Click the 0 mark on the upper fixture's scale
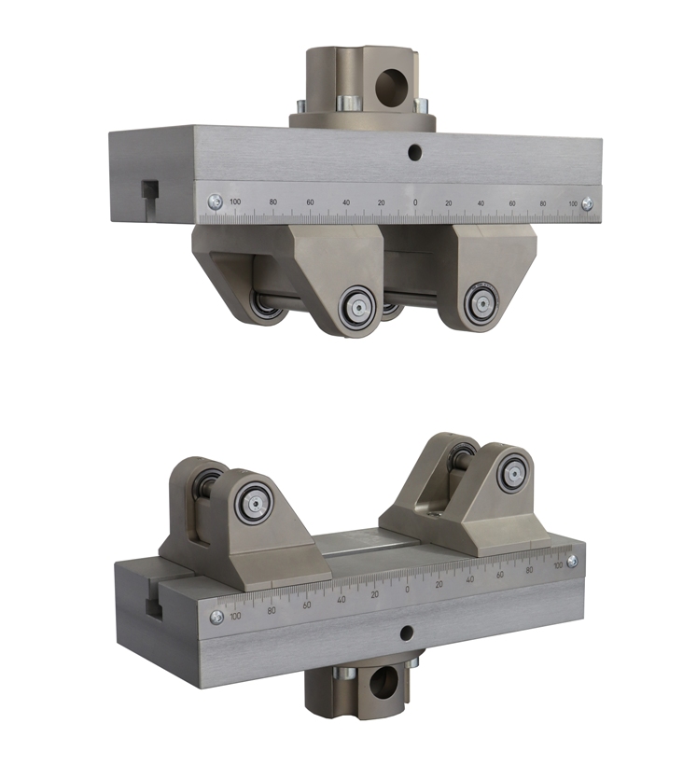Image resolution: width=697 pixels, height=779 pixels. pyautogui.click(x=415, y=202)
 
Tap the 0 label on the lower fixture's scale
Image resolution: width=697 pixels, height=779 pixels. pyautogui.click(x=408, y=590)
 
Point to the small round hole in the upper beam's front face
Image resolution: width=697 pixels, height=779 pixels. pyautogui.click(x=414, y=152)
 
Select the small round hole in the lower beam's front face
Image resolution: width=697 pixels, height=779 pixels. pyautogui.click(x=407, y=633)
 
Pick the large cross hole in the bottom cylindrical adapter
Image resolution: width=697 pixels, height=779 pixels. pyautogui.click(x=382, y=681)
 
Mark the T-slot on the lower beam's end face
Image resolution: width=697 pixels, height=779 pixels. pyautogui.click(x=155, y=603)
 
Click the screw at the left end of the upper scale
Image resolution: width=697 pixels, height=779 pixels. pyautogui.click(x=216, y=202)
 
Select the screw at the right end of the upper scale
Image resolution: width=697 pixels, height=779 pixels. pyautogui.click(x=587, y=202)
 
